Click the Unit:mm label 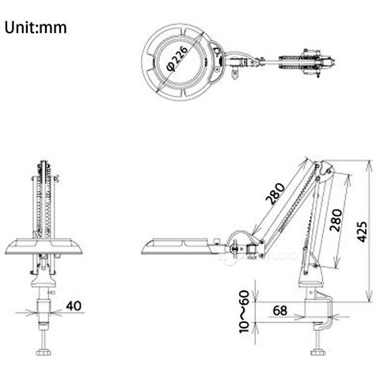tap(36, 28)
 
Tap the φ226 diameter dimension tap(177, 59)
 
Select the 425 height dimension tap(362, 231)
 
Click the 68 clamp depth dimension tap(279, 310)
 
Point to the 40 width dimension tap(74, 306)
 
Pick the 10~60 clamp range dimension tap(244, 312)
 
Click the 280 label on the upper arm tap(275, 194)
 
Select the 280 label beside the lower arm tap(336, 220)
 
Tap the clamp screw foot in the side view tap(317, 352)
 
